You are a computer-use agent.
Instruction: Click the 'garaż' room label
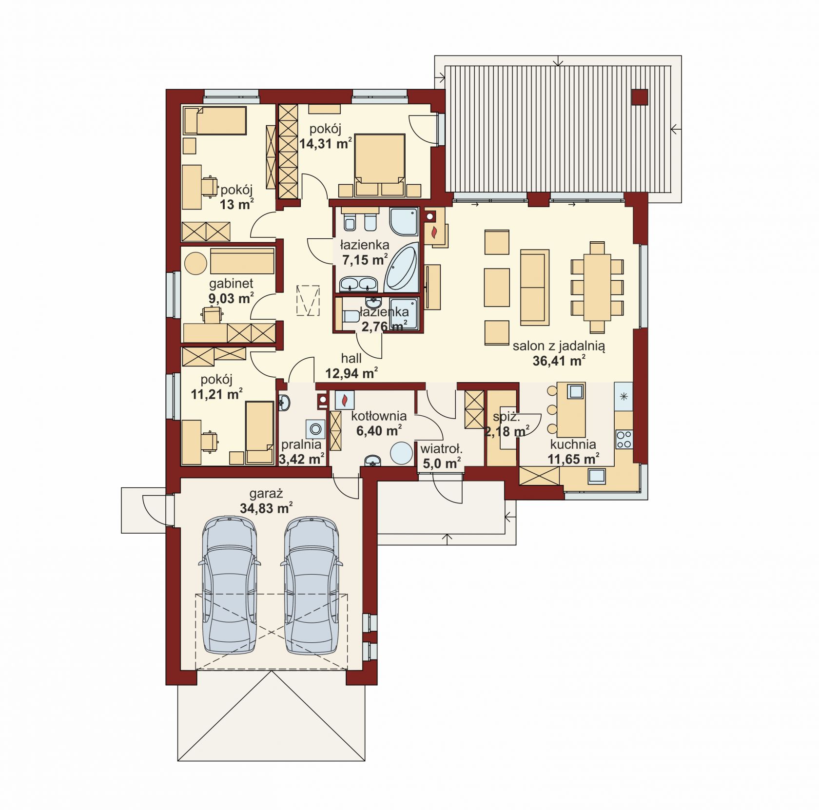tap(266, 494)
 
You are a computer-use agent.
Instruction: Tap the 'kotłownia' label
tap(379, 416)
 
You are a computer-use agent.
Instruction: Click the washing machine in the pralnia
tap(316, 429)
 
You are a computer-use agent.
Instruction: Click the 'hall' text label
tap(351, 359)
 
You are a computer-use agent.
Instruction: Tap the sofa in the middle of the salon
tap(535, 287)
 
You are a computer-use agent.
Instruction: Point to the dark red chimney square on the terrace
tap(640, 97)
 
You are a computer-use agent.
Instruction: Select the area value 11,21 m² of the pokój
tap(216, 394)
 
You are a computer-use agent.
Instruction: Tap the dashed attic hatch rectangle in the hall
tap(308, 300)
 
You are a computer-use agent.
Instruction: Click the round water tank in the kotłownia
tap(402, 453)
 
